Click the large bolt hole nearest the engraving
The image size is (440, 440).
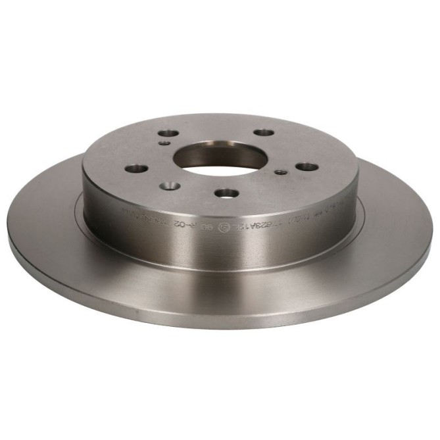[x=227, y=193]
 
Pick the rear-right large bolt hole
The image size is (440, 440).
[x=263, y=133]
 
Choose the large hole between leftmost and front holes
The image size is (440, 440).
[x=170, y=186]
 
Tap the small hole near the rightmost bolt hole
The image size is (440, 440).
[x=280, y=172]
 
